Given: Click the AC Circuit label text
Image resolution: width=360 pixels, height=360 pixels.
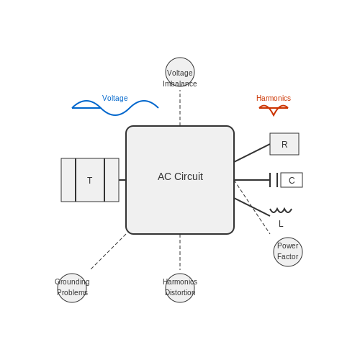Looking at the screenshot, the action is [180, 176].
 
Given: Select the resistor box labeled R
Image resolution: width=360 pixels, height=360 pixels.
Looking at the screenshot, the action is [284, 144].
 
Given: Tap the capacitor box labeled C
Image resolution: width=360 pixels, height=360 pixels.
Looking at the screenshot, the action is [292, 180].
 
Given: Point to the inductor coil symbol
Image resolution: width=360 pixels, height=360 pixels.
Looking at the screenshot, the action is [281, 211].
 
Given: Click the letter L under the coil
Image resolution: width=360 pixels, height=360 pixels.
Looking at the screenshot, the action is [281, 224].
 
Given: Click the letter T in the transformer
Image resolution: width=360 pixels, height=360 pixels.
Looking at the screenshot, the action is [90, 181].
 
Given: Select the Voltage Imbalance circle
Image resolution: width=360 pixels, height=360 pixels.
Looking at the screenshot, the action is [180, 72].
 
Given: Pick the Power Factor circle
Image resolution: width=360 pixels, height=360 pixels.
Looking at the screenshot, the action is [288, 252].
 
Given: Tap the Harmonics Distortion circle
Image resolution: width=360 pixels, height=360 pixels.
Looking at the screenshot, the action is [180, 288].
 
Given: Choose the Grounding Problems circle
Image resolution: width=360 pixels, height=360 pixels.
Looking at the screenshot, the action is [72, 288].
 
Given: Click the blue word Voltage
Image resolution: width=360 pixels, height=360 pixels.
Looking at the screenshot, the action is [115, 98].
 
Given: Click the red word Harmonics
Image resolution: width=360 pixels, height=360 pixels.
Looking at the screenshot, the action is [274, 98].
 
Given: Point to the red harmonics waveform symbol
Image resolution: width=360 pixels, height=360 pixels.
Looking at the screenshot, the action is [274, 110].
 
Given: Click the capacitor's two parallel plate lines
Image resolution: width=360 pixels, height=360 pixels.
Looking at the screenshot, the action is [274, 180].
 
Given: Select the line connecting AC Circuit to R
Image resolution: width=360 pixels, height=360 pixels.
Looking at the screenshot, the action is [252, 153].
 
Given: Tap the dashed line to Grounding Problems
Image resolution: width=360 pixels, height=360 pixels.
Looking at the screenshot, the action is [108, 252].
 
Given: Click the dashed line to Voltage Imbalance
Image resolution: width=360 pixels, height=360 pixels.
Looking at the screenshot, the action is [180, 108].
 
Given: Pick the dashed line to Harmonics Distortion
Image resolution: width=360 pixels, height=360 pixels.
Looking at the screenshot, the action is [180, 252].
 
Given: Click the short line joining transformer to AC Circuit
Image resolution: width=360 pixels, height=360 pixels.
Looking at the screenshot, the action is [122, 180].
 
